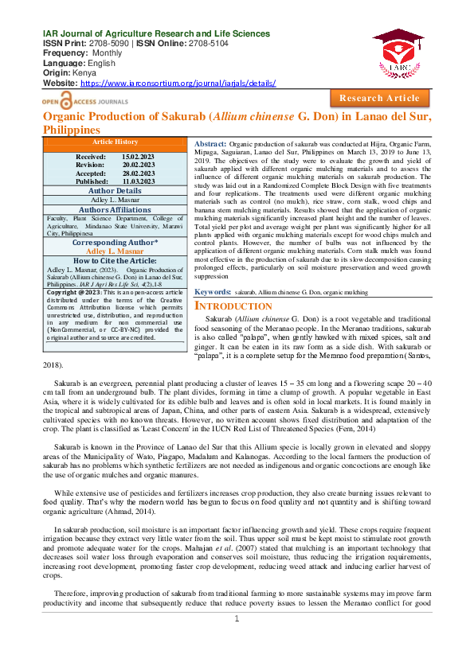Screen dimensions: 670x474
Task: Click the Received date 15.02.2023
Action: pos(139,158)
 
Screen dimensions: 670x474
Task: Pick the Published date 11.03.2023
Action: pos(139,181)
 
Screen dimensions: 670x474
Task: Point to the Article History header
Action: pos(115,142)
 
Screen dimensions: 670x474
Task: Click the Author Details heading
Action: pos(115,191)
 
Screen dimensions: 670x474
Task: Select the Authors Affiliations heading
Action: pos(115,210)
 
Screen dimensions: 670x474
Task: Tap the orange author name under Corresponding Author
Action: pos(115,251)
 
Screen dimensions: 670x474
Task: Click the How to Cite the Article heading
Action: pos(115,260)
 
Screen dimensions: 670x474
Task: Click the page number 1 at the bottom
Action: pos(237,641)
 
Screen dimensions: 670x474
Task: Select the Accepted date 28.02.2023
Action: pos(139,173)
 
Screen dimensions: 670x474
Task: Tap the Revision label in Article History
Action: pos(90,166)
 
